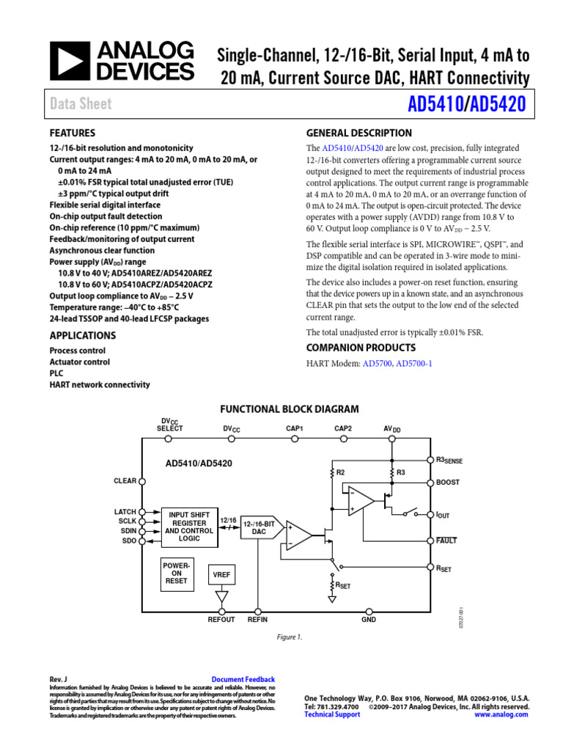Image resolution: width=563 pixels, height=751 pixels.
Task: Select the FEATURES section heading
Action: [x=72, y=133]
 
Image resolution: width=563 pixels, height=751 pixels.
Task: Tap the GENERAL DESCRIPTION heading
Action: [x=358, y=133]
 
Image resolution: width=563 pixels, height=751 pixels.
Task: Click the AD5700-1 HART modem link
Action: [x=414, y=363]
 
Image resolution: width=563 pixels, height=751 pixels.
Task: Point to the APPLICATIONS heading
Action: [x=82, y=335]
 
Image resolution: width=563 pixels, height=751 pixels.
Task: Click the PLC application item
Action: [x=56, y=373]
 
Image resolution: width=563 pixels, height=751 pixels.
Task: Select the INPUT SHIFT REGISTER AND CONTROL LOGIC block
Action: [x=189, y=527]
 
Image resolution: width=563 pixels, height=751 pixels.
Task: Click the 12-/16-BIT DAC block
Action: [x=260, y=528]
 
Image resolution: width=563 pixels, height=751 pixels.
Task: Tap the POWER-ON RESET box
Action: [x=176, y=574]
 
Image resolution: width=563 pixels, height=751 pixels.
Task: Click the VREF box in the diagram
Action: [x=221, y=576]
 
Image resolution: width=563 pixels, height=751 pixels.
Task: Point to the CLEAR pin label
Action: [x=125, y=481]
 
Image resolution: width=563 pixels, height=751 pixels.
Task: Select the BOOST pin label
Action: [x=447, y=483]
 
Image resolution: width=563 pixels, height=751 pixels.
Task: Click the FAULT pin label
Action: [x=446, y=541]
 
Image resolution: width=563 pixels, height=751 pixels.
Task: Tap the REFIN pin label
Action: [x=257, y=620]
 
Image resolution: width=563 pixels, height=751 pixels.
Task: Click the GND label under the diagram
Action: [x=368, y=620]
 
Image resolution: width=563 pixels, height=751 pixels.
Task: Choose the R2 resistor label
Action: [x=340, y=472]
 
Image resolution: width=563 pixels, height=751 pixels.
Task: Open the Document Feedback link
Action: [x=243, y=680]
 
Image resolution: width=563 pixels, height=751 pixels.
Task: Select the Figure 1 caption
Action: [x=290, y=638]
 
